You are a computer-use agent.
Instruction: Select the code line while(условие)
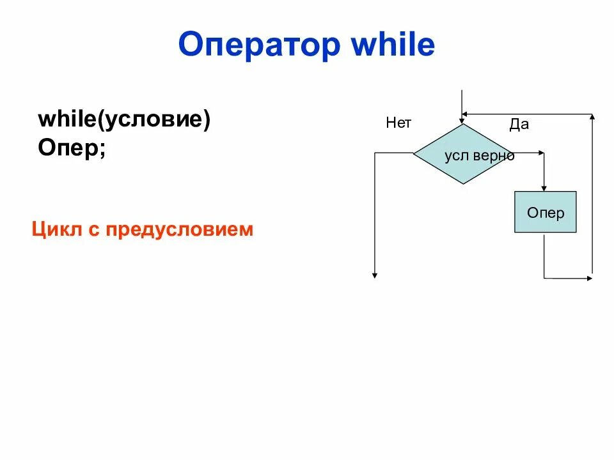pyautogui.click(x=124, y=120)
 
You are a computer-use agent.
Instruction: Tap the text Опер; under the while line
pyautogui.click(x=72, y=148)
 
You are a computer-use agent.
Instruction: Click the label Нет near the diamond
pyautogui.click(x=398, y=123)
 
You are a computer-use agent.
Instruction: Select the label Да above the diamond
pyautogui.click(x=519, y=125)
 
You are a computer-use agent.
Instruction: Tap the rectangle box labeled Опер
pyautogui.click(x=545, y=211)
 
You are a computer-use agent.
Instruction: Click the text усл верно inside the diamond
pyautogui.click(x=479, y=156)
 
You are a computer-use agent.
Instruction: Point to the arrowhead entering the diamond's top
pyautogui.click(x=461, y=119)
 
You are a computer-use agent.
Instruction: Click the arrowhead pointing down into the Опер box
pyautogui.click(x=544, y=187)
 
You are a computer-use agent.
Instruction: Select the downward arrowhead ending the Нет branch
pyautogui.click(x=375, y=274)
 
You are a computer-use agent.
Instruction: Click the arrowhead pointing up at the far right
pyautogui.click(x=593, y=118)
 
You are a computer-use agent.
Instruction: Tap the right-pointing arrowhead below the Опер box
pyautogui.click(x=588, y=278)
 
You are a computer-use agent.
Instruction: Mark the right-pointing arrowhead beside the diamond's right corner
pyautogui.click(x=541, y=153)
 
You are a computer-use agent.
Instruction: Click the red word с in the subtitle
pyautogui.click(x=92, y=229)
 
